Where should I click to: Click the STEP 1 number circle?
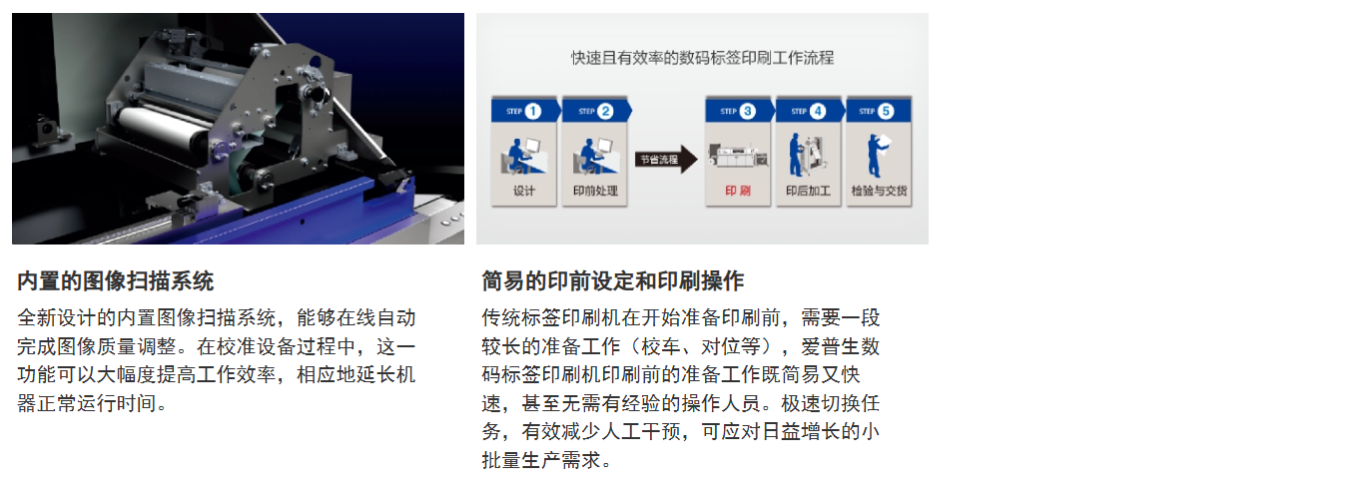pyautogui.click(x=533, y=111)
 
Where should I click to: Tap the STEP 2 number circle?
pyautogui.click(x=605, y=111)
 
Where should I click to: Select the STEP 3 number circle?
pyautogui.click(x=748, y=111)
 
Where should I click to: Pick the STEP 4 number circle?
pyautogui.click(x=818, y=111)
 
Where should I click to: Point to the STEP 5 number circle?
pyautogui.click(x=886, y=111)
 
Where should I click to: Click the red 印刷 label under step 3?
pyautogui.click(x=738, y=191)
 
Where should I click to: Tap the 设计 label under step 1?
pyautogui.click(x=524, y=191)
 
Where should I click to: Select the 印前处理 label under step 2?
pyautogui.click(x=595, y=191)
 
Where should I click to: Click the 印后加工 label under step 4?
pyautogui.click(x=808, y=191)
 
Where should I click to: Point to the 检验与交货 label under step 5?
pyautogui.click(x=879, y=191)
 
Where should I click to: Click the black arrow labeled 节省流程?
pyautogui.click(x=666, y=160)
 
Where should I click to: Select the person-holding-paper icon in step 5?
pyautogui.click(x=878, y=156)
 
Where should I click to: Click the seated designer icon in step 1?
pyautogui.click(x=523, y=156)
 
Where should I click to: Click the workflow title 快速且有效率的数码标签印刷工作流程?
pyautogui.click(x=702, y=58)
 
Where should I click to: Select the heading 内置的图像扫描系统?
pyautogui.click(x=116, y=281)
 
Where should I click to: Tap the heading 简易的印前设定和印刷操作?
pyautogui.click(x=612, y=281)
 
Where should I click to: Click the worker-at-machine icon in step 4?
pyautogui.click(x=807, y=156)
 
